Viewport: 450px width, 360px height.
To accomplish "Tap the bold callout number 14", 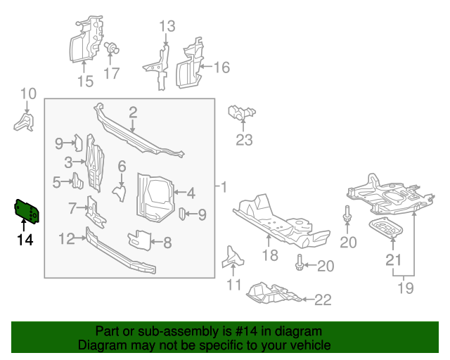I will pyautogui.click(x=25, y=240).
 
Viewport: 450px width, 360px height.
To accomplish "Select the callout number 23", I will pyautogui.click(x=243, y=140).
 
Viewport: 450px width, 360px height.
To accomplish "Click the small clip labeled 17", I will pyautogui.click(x=110, y=49).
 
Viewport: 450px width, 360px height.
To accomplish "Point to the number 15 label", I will pyautogui.click(x=84, y=82).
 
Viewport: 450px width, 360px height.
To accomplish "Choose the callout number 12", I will pyautogui.click(x=66, y=239).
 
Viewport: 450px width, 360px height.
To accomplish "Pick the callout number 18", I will pyautogui.click(x=271, y=255).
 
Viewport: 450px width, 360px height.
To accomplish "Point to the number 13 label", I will pyautogui.click(x=166, y=27).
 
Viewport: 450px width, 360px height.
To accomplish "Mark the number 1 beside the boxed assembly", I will pyautogui.click(x=224, y=188).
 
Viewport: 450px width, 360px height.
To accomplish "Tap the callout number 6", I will pyautogui.click(x=122, y=167).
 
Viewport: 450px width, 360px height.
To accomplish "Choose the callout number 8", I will pyautogui.click(x=167, y=243).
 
